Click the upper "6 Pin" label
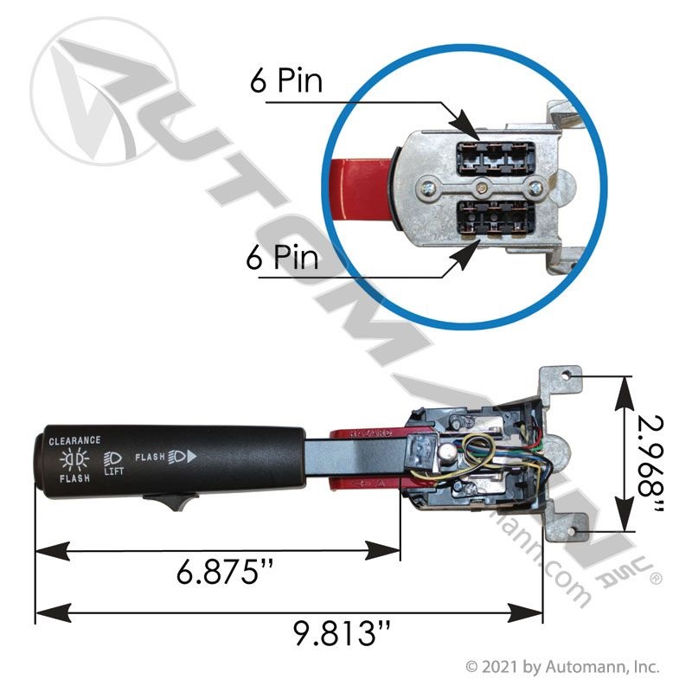(x=285, y=82)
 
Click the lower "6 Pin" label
(x=283, y=258)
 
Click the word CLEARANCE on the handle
(x=74, y=440)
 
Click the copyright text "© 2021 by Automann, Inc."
(x=562, y=667)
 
